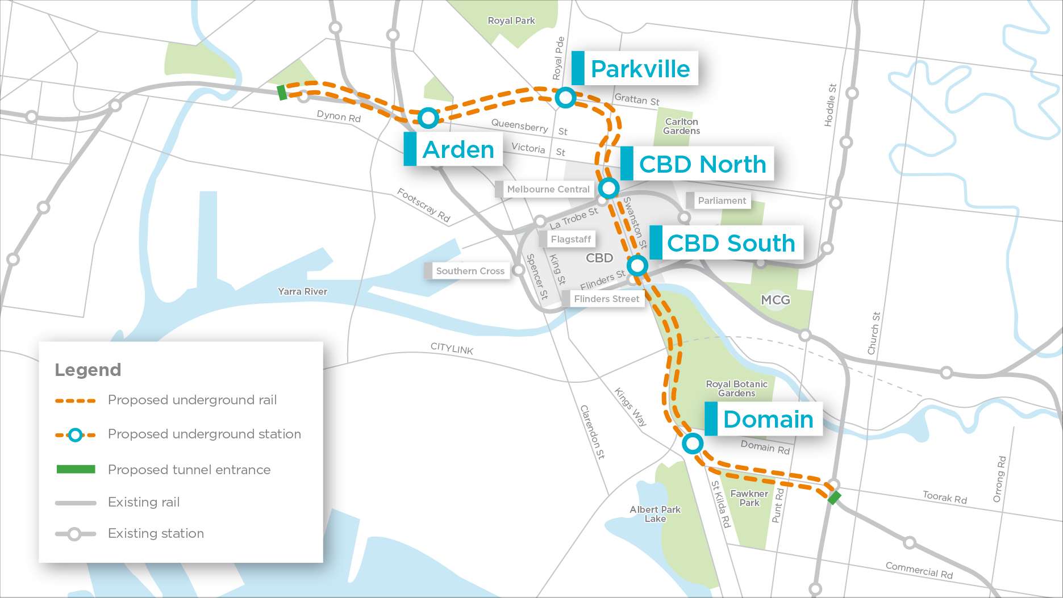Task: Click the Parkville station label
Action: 640,69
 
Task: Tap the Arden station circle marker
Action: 428,118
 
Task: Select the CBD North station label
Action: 702,164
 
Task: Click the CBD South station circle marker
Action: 637,265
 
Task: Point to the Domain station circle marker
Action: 692,444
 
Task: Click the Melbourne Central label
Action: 548,189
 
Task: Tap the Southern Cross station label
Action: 470,271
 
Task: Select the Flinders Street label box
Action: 606,299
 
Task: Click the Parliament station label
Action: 722,200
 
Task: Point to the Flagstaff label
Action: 570,239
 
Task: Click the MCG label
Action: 775,300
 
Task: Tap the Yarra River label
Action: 302,291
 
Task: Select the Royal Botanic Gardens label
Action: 736,388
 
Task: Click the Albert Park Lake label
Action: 655,514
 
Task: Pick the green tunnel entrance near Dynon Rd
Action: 282,92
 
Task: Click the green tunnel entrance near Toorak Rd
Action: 834,497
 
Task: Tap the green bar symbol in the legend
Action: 76,469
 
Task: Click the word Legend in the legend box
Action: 87,370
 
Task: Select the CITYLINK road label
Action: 452,348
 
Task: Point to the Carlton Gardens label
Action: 681,126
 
